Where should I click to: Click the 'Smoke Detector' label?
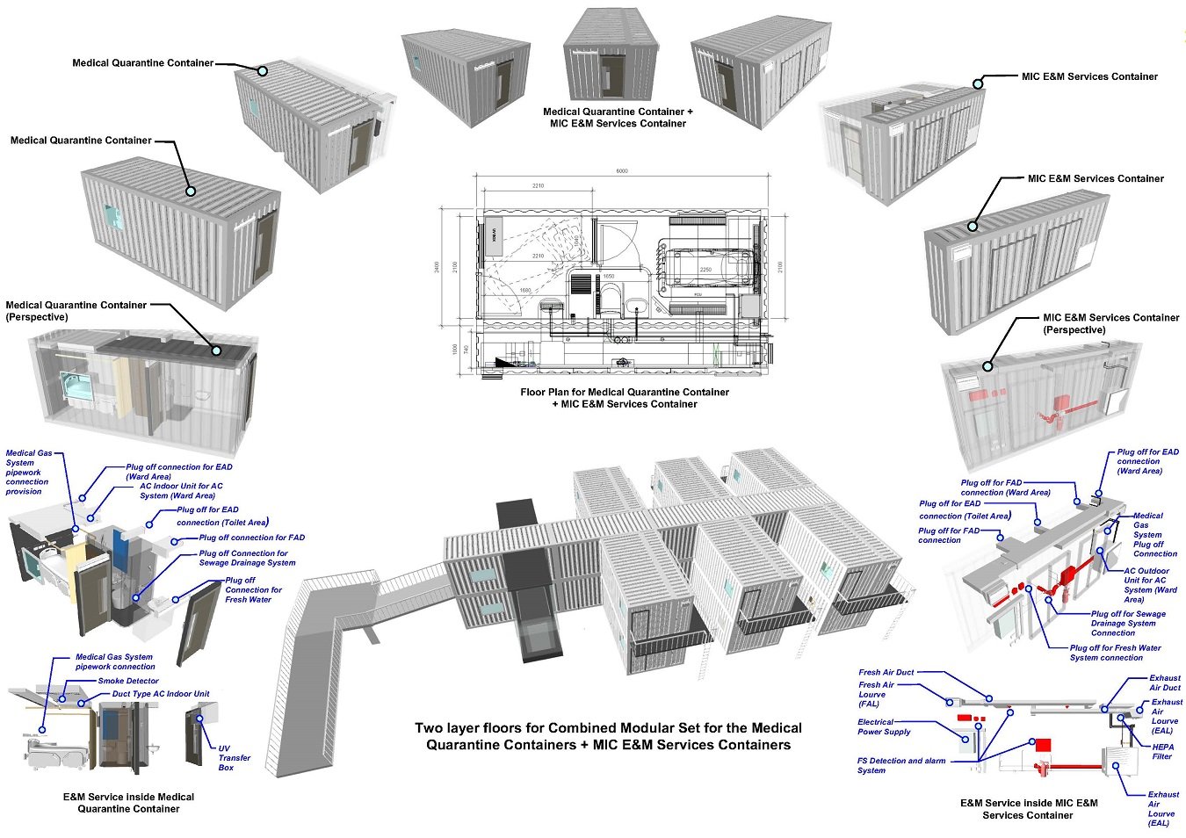pyautogui.click(x=128, y=681)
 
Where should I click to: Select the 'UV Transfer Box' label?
pyautogui.click(x=234, y=758)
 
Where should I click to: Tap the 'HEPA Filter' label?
pyautogui.click(x=1162, y=752)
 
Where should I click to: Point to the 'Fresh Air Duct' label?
pyautogui.click(x=886, y=672)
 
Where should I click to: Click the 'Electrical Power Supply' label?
pyautogui.click(x=884, y=726)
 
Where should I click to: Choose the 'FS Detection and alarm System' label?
pyautogui.click(x=900, y=765)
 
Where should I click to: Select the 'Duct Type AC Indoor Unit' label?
pyautogui.click(x=161, y=694)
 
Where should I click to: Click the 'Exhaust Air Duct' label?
pyautogui.click(x=1165, y=683)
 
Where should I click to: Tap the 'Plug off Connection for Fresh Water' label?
pyautogui.click(x=253, y=589)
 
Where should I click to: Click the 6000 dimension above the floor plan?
pyautogui.click(x=622, y=171)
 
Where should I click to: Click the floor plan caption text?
pyautogui.click(x=625, y=398)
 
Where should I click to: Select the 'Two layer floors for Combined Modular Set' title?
pyautogui.click(x=608, y=736)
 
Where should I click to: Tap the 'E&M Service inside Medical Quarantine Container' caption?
pyautogui.click(x=128, y=803)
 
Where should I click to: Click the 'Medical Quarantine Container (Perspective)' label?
pyautogui.click(x=76, y=310)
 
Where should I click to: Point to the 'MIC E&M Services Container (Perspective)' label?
pyautogui.click(x=1110, y=323)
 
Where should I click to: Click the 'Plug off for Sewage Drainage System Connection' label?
pyautogui.click(x=1128, y=623)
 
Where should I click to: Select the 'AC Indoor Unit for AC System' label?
pyautogui.click(x=181, y=490)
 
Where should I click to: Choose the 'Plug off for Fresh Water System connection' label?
pyautogui.click(x=1115, y=653)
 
